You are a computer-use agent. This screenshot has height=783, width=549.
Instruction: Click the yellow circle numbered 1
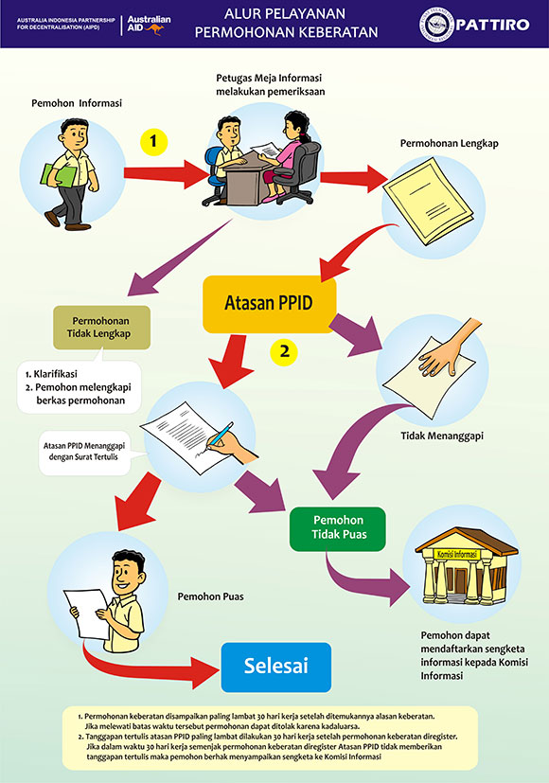click(x=153, y=141)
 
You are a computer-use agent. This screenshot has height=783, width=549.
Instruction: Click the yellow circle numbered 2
click(x=284, y=352)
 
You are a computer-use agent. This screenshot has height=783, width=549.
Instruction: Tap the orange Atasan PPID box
click(x=269, y=304)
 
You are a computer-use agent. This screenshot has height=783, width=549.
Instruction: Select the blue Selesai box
click(x=276, y=667)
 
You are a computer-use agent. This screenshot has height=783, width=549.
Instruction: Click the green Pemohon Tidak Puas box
click(x=338, y=529)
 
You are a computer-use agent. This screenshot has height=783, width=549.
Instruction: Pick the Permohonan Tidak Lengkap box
click(x=101, y=327)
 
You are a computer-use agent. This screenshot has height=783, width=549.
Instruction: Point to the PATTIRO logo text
click(x=492, y=25)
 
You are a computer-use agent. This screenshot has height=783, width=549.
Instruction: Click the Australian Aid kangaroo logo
click(x=149, y=25)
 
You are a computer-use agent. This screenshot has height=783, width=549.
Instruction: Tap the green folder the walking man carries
click(x=58, y=176)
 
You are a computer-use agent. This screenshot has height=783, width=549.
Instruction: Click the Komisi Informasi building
click(x=466, y=566)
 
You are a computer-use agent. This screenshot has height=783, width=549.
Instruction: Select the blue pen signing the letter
click(x=221, y=434)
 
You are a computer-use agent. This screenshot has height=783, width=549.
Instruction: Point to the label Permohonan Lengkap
click(x=450, y=143)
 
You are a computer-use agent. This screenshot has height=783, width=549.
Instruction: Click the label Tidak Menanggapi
click(x=442, y=436)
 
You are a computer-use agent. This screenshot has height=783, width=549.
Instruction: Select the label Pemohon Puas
click(x=211, y=596)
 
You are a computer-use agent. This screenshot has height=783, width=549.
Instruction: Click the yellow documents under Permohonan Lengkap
click(x=428, y=201)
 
